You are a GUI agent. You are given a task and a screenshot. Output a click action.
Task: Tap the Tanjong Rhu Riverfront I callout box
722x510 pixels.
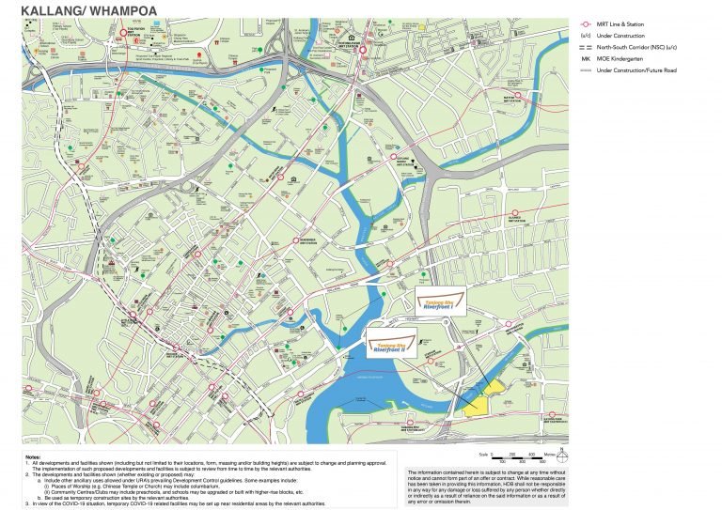441,301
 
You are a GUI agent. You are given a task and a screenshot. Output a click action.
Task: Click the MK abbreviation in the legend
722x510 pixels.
586,57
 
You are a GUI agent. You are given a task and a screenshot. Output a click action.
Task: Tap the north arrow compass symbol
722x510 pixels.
561,455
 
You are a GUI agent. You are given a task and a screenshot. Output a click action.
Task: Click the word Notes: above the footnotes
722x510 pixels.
34,456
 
